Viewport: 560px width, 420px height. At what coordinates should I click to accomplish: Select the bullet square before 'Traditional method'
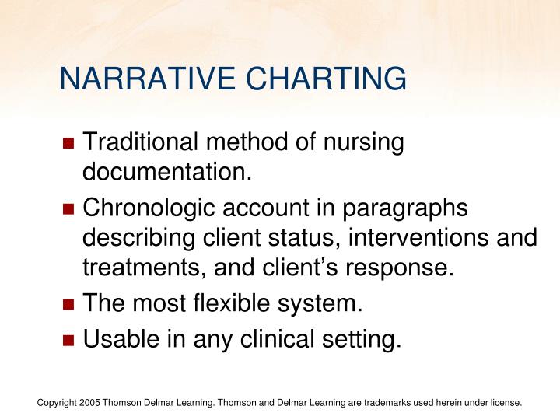point(68,144)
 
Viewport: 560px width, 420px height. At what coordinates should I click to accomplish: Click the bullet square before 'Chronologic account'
point(68,210)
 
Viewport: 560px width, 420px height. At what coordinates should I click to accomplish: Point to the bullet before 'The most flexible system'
point(68,306)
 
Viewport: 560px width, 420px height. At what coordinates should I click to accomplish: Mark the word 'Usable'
point(117,339)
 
